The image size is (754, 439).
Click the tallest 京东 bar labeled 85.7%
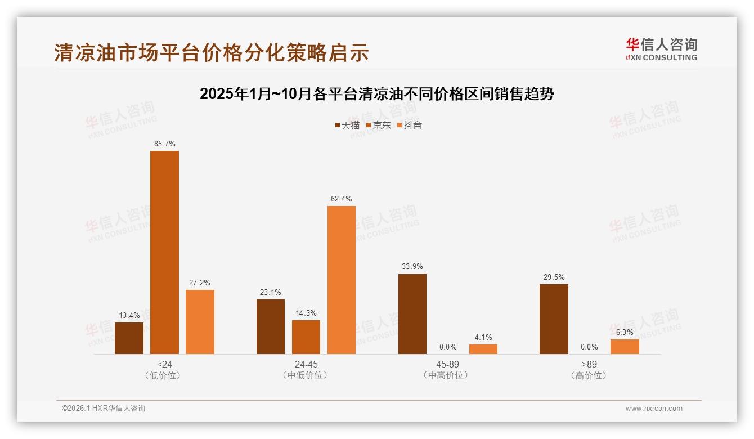[164, 252]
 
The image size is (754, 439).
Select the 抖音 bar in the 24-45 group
[342, 280]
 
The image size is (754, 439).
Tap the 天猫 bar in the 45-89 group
[412, 314]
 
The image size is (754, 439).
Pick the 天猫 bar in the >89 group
[554, 319]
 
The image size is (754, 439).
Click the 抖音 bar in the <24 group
[200, 322]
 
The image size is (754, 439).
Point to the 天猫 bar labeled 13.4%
[129, 338]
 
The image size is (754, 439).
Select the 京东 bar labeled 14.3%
[306, 337]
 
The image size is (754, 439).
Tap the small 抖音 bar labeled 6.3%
[625, 347]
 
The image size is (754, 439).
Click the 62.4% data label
[342, 199]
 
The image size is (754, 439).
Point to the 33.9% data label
[412, 267]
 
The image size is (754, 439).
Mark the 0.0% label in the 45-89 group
[448, 347]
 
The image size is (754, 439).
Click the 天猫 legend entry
[347, 125]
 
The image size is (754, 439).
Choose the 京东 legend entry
[379, 125]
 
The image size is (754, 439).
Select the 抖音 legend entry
[410, 125]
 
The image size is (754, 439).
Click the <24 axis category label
[164, 364]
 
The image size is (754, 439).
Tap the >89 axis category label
[589, 364]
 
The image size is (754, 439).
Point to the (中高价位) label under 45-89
[448, 375]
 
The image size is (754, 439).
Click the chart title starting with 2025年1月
[377, 94]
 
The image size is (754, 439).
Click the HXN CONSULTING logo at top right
[661, 50]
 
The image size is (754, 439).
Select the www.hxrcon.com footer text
[654, 409]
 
